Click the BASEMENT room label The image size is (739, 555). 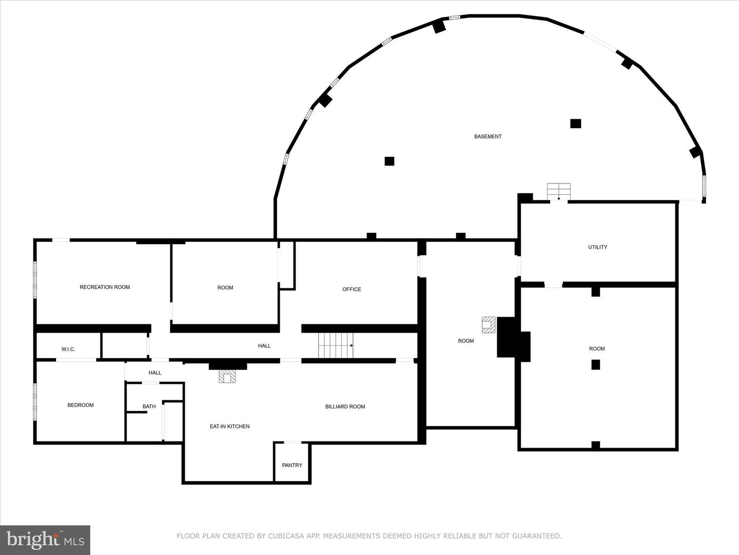[488, 137]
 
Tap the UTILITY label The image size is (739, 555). [597, 247]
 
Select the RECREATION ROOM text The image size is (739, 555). [105, 287]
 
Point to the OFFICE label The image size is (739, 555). [352, 289]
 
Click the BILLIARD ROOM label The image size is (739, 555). [345, 406]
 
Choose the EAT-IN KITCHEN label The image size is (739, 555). [229, 427]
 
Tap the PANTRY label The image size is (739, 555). [292, 465]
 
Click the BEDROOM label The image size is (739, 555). [81, 405]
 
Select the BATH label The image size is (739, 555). [149, 406]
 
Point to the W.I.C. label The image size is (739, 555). [68, 349]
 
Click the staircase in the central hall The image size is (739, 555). [336, 345]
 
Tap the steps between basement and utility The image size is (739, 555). [558, 191]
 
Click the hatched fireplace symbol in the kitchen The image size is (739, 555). [227, 376]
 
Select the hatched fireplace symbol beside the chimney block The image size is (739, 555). [489, 324]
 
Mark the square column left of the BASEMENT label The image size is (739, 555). [389, 161]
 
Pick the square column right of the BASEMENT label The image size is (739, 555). [576, 123]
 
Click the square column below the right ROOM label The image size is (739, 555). [596, 365]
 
